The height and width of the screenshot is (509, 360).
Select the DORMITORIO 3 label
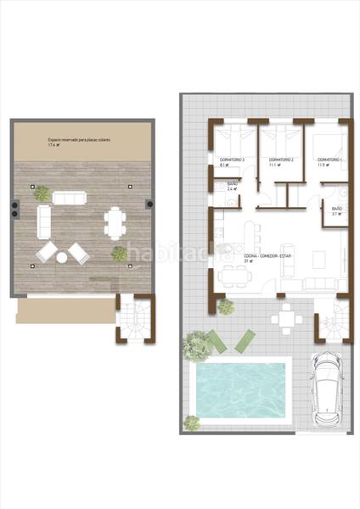tap(232, 159)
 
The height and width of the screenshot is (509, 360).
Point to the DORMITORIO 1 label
tap(329, 159)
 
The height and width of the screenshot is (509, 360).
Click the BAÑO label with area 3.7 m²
tap(336, 210)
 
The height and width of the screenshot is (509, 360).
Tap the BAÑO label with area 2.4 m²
tap(233, 185)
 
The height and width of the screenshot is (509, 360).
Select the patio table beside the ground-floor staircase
tap(285, 319)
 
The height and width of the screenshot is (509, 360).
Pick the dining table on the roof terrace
tap(114, 223)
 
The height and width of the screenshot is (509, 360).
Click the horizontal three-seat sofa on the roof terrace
tap(69, 197)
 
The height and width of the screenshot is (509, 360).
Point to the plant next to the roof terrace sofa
tap(41, 194)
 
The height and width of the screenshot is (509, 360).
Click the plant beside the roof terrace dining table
tap(120, 253)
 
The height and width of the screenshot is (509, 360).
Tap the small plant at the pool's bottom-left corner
tap(192, 422)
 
